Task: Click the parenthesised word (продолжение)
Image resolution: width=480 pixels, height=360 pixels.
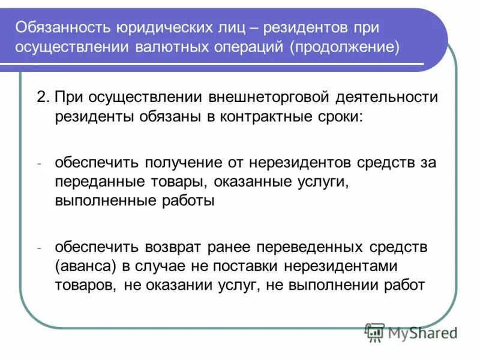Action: pos(345,47)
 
